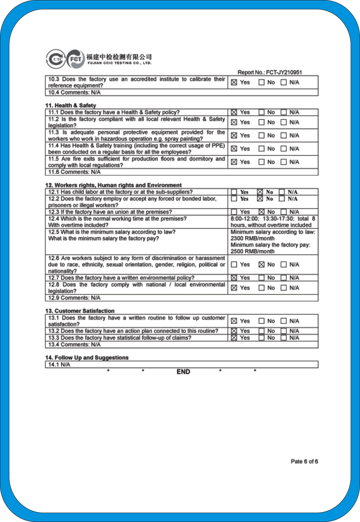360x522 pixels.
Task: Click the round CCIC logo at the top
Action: [x=55, y=58]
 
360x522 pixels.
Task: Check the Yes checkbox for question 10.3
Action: [x=234, y=82]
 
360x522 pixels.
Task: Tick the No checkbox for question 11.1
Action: [x=261, y=112]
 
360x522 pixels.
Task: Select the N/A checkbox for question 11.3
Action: [x=283, y=135]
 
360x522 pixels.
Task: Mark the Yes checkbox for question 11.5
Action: [x=234, y=162]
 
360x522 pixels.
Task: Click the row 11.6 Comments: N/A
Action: [x=74, y=172]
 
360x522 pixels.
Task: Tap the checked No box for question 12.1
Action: [x=260, y=192]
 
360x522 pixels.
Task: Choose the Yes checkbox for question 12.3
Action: [x=234, y=212]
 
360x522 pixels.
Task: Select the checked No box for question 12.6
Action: [x=261, y=265]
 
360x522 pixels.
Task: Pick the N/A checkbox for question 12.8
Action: [x=283, y=288]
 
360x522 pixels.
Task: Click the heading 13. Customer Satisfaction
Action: [x=80, y=311]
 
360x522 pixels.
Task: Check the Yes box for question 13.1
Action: [x=234, y=321]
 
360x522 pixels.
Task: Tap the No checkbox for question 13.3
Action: [x=261, y=338]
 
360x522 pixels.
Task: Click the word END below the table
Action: [x=183, y=372]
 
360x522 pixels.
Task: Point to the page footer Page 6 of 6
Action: [x=304, y=461]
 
